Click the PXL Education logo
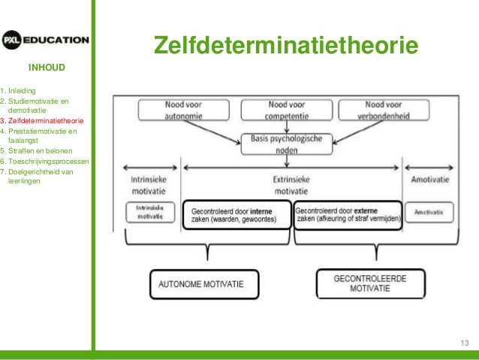pyautogui.click(x=45, y=40)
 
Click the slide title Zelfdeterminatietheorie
pyautogui.click(x=285, y=46)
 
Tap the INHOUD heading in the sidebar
pyautogui.click(x=47, y=68)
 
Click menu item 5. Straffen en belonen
pyautogui.click(x=38, y=150)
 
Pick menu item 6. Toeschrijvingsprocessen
pyautogui.click(x=46, y=161)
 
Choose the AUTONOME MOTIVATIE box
pyautogui.click(x=203, y=286)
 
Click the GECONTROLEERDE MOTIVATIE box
pyautogui.click(x=370, y=283)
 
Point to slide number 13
pyautogui.click(x=464, y=343)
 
